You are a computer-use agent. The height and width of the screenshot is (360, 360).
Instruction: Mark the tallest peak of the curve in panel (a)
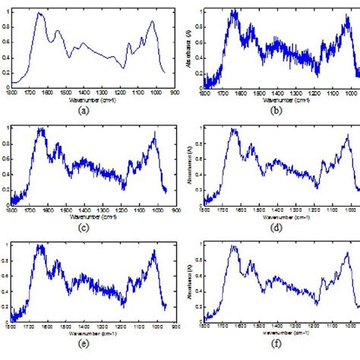click(39, 14)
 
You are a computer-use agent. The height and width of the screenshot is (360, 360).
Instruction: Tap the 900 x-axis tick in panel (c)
click(176, 208)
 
